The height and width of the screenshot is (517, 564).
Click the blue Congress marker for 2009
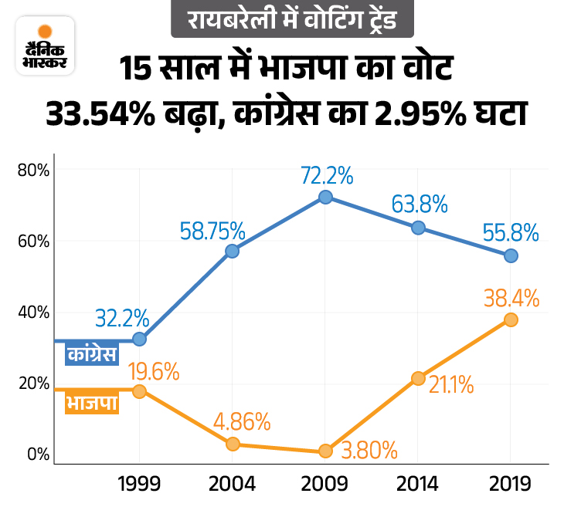[x=325, y=197]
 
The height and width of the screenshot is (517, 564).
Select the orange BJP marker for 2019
[x=511, y=319]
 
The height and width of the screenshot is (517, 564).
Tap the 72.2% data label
[x=327, y=175]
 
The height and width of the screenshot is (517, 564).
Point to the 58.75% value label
[x=212, y=230]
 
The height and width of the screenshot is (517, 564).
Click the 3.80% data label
[x=370, y=448]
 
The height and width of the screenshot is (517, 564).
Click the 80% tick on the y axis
[x=32, y=170]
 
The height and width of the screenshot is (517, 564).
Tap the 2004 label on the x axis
[x=232, y=484]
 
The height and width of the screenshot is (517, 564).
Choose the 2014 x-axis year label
[x=417, y=484]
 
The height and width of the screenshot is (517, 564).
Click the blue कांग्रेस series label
[x=91, y=354]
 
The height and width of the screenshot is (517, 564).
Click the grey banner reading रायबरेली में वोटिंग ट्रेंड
[x=285, y=19]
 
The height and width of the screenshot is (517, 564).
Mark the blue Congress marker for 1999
[x=139, y=339]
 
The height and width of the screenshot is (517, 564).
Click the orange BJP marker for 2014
[x=418, y=378]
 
